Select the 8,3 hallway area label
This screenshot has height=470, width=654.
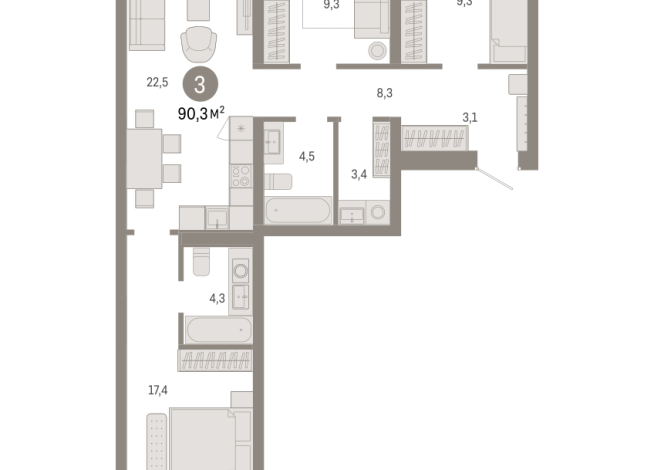coord(384,93)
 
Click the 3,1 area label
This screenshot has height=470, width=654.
coord(469,118)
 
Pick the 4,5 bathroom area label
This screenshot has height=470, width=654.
coord(308,155)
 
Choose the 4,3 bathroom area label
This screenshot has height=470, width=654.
coord(216,297)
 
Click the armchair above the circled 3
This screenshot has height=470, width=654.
coord(199,45)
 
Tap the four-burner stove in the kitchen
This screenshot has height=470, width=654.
coord(241,177)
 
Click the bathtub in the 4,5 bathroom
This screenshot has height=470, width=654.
coord(296,211)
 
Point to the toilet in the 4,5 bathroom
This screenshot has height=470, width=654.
coord(277,181)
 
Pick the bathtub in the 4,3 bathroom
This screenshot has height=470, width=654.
coord(216,329)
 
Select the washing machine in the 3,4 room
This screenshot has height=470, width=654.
coord(377,212)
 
